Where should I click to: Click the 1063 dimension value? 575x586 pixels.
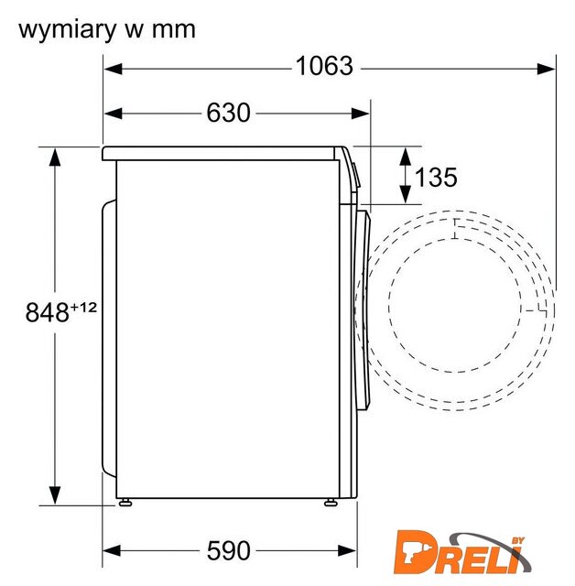click(324, 66)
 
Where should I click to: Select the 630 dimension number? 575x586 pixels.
click(228, 113)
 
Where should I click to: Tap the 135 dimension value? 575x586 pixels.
click(436, 177)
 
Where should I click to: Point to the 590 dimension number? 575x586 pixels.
click(228, 550)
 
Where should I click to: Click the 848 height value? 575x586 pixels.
click(47, 312)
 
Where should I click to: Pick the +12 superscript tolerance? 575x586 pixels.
click(83, 308)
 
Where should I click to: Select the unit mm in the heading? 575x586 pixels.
click(174, 30)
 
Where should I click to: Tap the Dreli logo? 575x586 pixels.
click(462, 552)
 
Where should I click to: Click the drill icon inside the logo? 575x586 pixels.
click(413, 552)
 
